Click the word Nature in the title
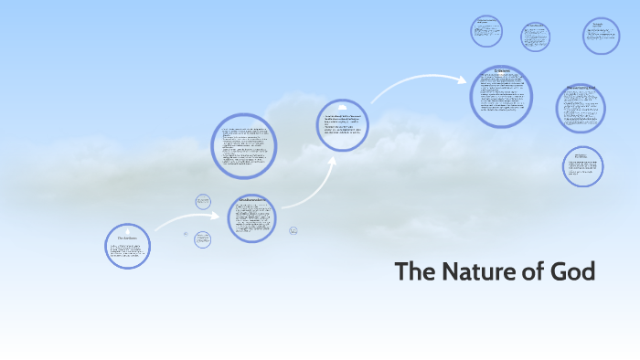(476, 272)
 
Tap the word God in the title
(572, 272)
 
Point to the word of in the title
(534, 272)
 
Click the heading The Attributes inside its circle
(127, 237)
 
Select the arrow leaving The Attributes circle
(183, 219)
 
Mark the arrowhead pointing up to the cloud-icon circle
(334, 161)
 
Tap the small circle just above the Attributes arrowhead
(203, 201)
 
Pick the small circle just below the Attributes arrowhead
(203, 239)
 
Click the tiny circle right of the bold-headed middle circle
(293, 230)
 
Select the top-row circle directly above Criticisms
(486, 31)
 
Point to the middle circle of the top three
(535, 37)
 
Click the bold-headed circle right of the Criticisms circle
(581, 108)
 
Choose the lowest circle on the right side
(582, 166)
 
